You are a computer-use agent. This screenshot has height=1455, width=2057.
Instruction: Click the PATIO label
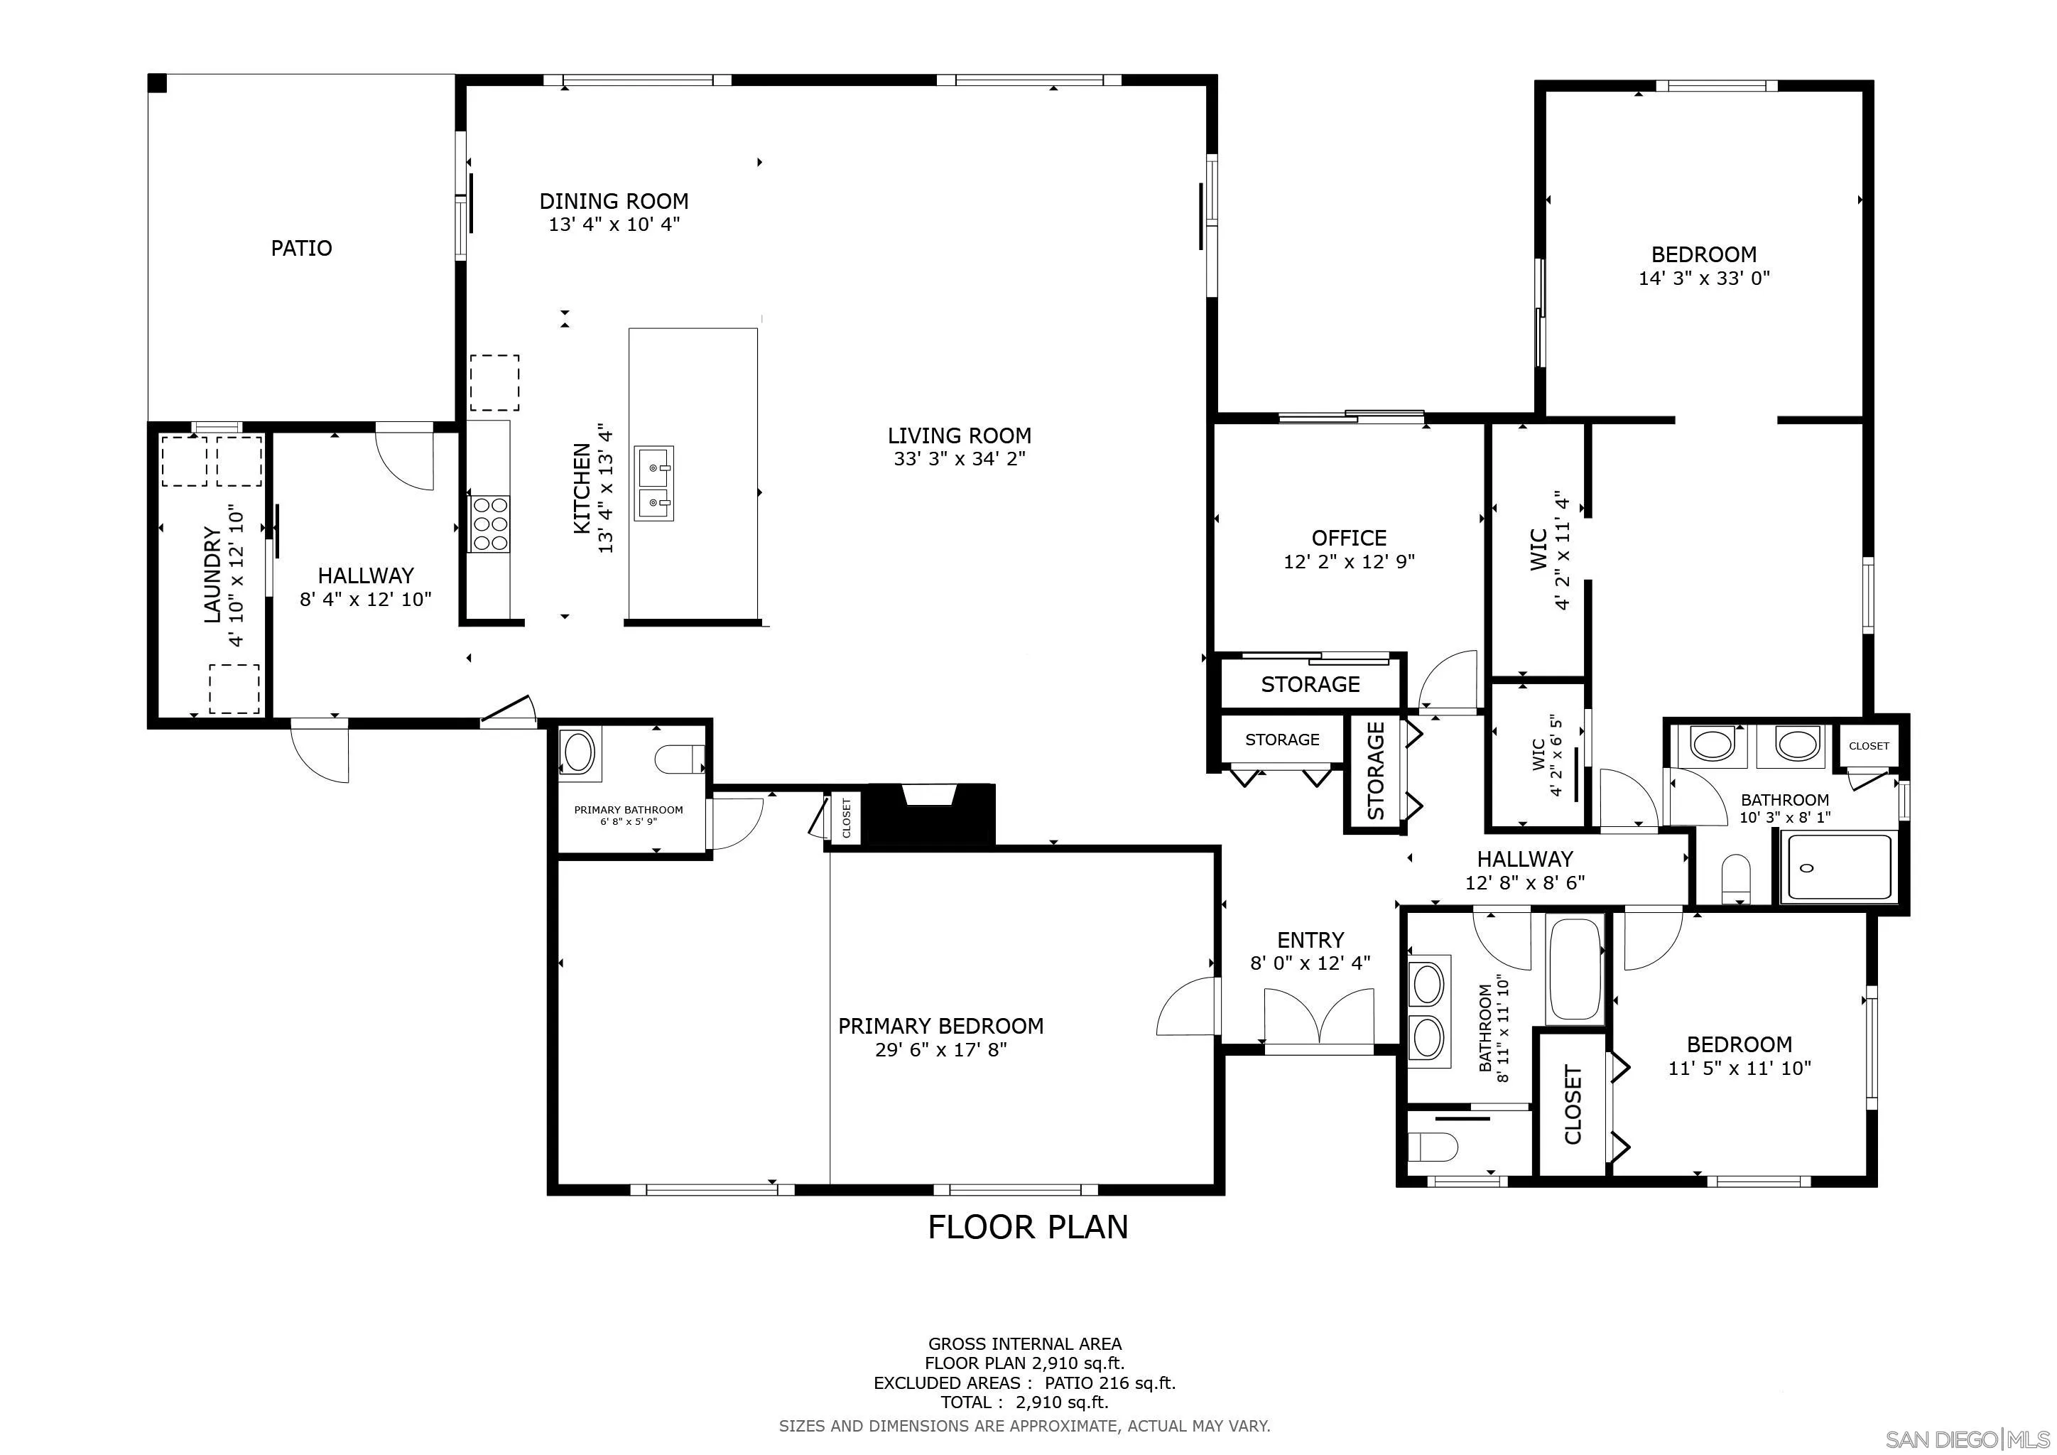click(301, 248)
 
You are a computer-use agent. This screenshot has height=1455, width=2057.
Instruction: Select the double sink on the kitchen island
click(654, 484)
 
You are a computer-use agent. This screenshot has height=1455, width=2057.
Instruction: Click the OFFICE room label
click(1348, 538)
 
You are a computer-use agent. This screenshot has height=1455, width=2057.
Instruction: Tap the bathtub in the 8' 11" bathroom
click(1575, 970)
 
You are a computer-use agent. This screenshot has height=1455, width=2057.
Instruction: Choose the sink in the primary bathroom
click(578, 752)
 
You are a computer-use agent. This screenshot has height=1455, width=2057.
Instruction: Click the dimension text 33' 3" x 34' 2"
click(959, 459)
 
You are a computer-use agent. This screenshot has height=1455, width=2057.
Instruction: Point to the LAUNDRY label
click(212, 573)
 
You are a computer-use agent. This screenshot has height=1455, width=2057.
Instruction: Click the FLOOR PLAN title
click(1028, 1226)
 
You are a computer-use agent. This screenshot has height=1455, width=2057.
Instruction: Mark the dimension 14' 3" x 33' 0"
click(1703, 278)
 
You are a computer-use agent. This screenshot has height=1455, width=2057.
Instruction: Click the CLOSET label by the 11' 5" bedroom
click(1573, 1104)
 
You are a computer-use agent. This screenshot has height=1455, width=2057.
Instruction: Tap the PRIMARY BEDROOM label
click(940, 1026)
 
